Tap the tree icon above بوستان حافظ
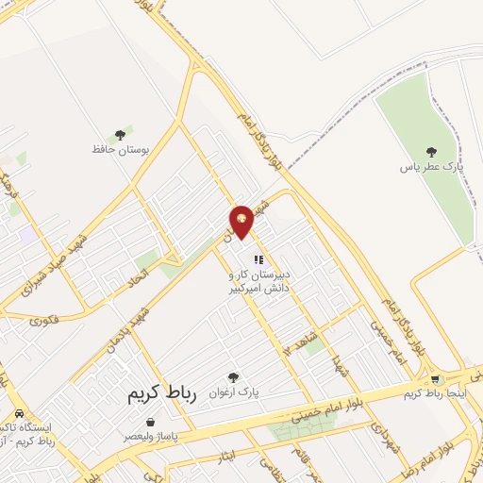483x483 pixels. [x=120, y=135]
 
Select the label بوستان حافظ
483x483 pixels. [x=116, y=150]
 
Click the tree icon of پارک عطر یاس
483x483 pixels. [x=431, y=152]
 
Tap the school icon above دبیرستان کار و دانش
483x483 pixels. [x=258, y=258]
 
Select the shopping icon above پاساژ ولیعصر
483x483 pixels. [x=152, y=423]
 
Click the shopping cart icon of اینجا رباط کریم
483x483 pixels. [x=434, y=379]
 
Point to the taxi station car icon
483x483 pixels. [x=19, y=415]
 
